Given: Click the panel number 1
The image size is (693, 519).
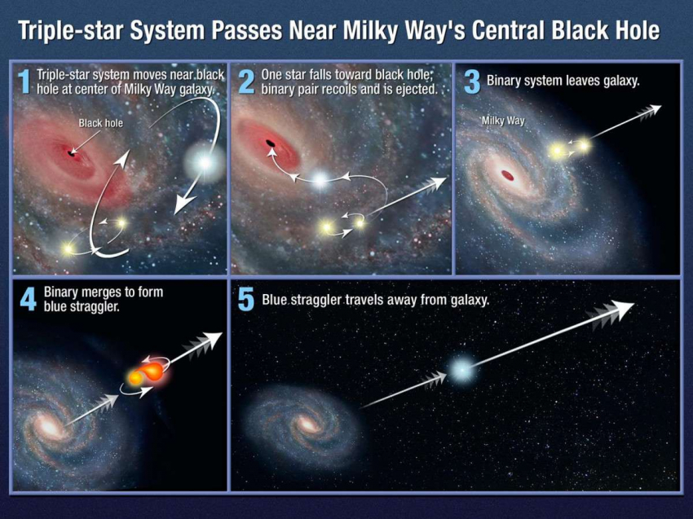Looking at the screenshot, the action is pos(24,81).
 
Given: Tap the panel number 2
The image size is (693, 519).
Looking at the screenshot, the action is pos(246,81).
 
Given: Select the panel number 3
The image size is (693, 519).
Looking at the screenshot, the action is pos(472,82).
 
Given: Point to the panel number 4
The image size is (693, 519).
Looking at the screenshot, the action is pos(28,300).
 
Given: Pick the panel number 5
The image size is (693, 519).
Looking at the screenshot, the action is pos(246,301).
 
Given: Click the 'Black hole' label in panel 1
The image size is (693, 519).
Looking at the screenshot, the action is pos(101,123).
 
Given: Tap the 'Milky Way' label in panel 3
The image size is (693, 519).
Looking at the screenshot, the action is pos(503,120).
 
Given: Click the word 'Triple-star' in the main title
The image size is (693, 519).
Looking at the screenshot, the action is pos(70,30).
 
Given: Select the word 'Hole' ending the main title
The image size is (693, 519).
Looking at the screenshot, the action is pos(638,30).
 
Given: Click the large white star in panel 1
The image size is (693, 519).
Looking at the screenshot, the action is pos(204,163).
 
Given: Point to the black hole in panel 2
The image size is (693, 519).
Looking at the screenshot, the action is pos(270,143).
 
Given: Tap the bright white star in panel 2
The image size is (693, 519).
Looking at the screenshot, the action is pos(320,179).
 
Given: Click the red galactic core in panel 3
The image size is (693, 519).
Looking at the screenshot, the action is pos(508,176).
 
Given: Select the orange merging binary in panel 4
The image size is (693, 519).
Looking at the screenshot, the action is pos(148,373).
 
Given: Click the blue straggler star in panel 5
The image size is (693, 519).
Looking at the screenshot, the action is pos(461,369).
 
